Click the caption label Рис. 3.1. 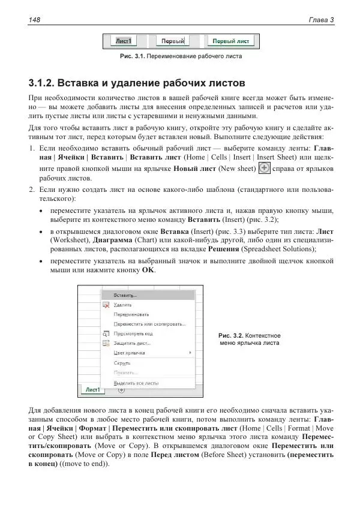coord(135,57)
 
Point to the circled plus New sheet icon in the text coord(263,168)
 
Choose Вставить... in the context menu coord(125,295)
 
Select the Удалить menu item coord(123,305)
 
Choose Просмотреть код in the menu coord(133,333)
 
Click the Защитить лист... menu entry coord(132,343)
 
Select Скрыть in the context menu coord(122,363)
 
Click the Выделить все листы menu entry coord(136,382)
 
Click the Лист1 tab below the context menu coord(92,390)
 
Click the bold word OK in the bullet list coord(148,270)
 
